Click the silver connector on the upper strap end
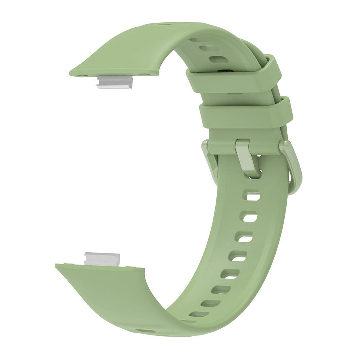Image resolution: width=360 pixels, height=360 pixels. [114, 82]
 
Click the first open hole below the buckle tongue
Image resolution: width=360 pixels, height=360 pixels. [253, 196]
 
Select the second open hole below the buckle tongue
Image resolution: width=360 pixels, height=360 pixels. [250, 217]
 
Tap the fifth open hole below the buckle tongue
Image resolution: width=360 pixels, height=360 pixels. [230, 274]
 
